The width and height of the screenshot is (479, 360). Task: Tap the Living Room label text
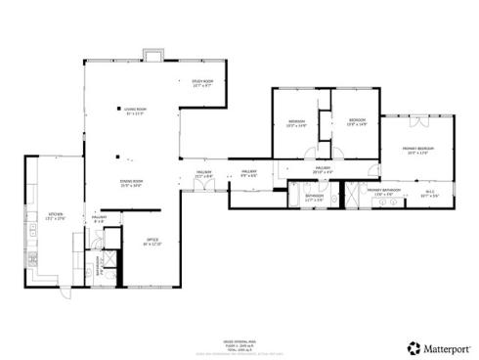(136, 112)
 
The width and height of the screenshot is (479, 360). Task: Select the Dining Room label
(131, 183)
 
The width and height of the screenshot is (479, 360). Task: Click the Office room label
(152, 242)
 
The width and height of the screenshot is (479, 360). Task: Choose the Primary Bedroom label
(418, 150)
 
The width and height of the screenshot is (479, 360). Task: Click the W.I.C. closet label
(430, 195)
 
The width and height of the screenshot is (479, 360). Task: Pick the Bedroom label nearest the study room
(297, 123)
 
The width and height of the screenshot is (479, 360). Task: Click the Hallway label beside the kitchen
(99, 219)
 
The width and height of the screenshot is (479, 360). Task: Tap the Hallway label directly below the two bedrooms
(322, 169)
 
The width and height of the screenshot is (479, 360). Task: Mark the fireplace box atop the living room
(151, 54)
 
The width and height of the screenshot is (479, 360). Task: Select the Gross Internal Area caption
(232, 332)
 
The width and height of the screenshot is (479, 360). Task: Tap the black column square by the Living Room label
(115, 109)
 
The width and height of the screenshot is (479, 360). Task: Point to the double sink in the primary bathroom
(343, 196)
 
